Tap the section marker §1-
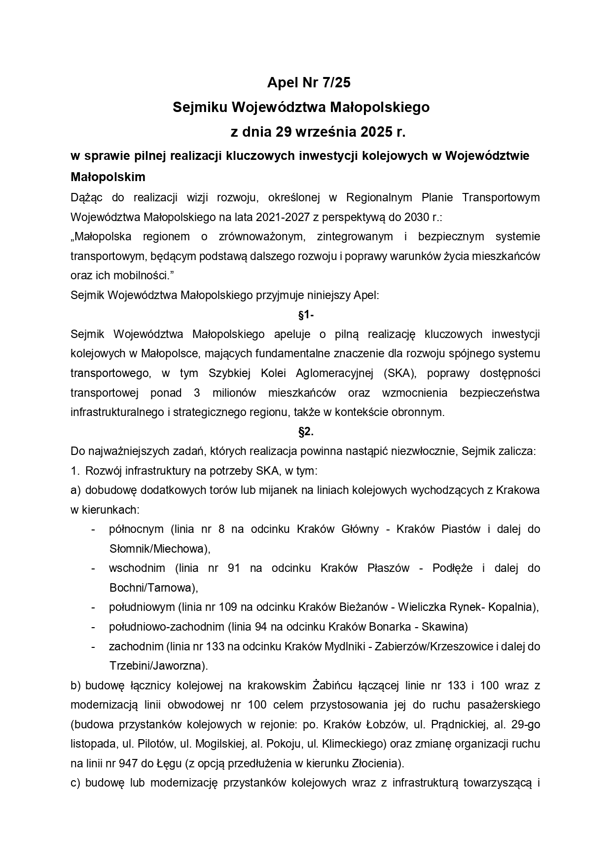[306, 314]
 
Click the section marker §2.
[306, 432]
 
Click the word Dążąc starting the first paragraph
[85, 197]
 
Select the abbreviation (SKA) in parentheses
[399, 373]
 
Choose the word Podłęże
[452, 568]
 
